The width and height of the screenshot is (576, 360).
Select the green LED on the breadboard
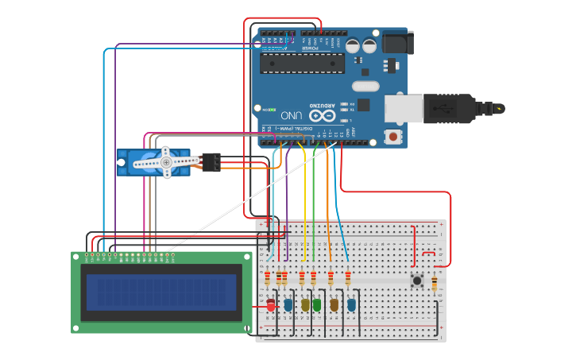(317, 304)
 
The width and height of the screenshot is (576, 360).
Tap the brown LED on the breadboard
(334, 304)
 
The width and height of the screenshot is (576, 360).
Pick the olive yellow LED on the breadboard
(305, 304)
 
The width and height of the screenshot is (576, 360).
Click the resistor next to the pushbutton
(434, 282)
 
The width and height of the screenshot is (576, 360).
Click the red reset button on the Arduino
(392, 137)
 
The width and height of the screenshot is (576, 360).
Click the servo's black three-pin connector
(211, 162)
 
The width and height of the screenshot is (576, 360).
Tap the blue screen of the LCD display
(161, 292)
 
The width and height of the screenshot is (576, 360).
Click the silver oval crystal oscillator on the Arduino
(365, 86)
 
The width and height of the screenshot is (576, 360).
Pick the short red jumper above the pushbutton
(427, 254)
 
